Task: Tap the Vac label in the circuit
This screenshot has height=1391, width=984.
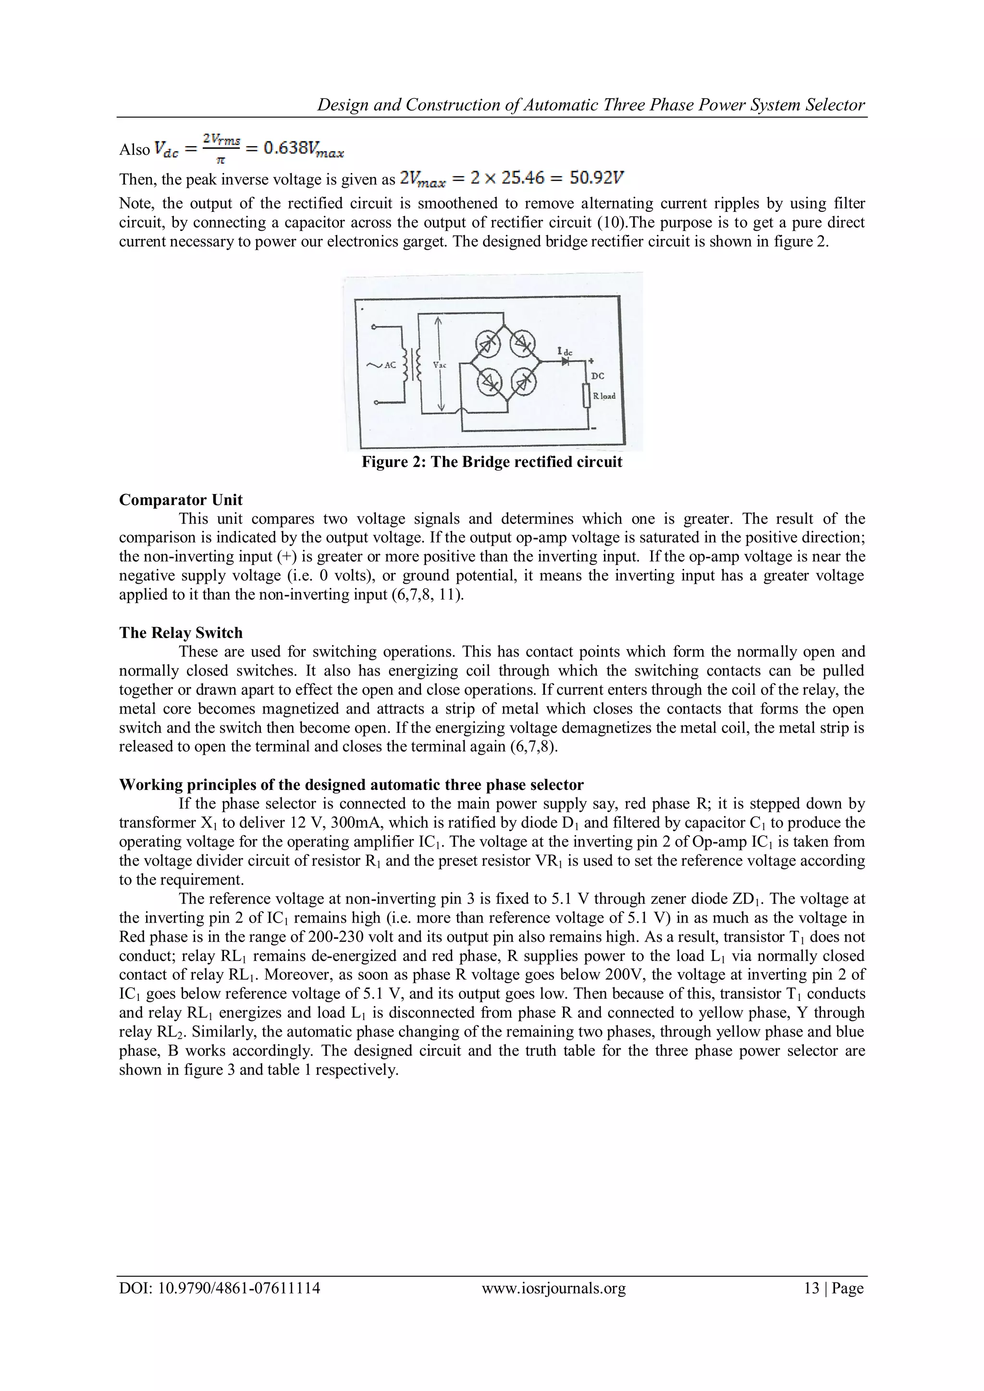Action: (440, 365)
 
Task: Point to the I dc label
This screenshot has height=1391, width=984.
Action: (565, 352)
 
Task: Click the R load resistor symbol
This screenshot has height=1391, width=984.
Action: (586, 396)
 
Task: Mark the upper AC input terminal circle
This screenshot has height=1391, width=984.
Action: (374, 327)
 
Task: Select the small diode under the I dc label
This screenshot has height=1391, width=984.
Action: (566, 362)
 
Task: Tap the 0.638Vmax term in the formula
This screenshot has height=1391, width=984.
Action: (304, 149)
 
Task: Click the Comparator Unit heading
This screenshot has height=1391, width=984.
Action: (181, 500)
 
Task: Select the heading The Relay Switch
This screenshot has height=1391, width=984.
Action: (181, 632)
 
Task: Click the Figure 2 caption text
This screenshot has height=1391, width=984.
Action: (492, 462)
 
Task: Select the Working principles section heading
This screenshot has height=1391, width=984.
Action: (351, 785)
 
